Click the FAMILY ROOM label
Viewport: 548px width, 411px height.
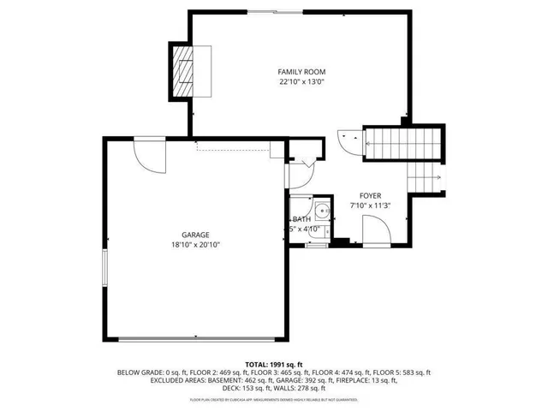pyautogui.click(x=301, y=71)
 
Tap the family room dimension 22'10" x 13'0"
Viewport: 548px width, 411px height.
pyautogui.click(x=301, y=82)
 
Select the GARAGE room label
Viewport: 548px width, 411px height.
pyautogui.click(x=194, y=235)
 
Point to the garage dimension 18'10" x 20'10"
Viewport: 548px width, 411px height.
pyautogui.click(x=194, y=245)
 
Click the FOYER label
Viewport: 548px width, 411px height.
pyautogui.click(x=371, y=196)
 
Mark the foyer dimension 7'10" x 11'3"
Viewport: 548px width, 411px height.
pyautogui.click(x=371, y=206)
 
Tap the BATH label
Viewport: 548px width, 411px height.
pyautogui.click(x=301, y=220)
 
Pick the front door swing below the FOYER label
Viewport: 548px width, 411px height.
pyautogui.click(x=376, y=230)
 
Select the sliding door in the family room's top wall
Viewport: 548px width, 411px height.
pyautogui.click(x=275, y=11)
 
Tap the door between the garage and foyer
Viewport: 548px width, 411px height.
pyautogui.click(x=297, y=175)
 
